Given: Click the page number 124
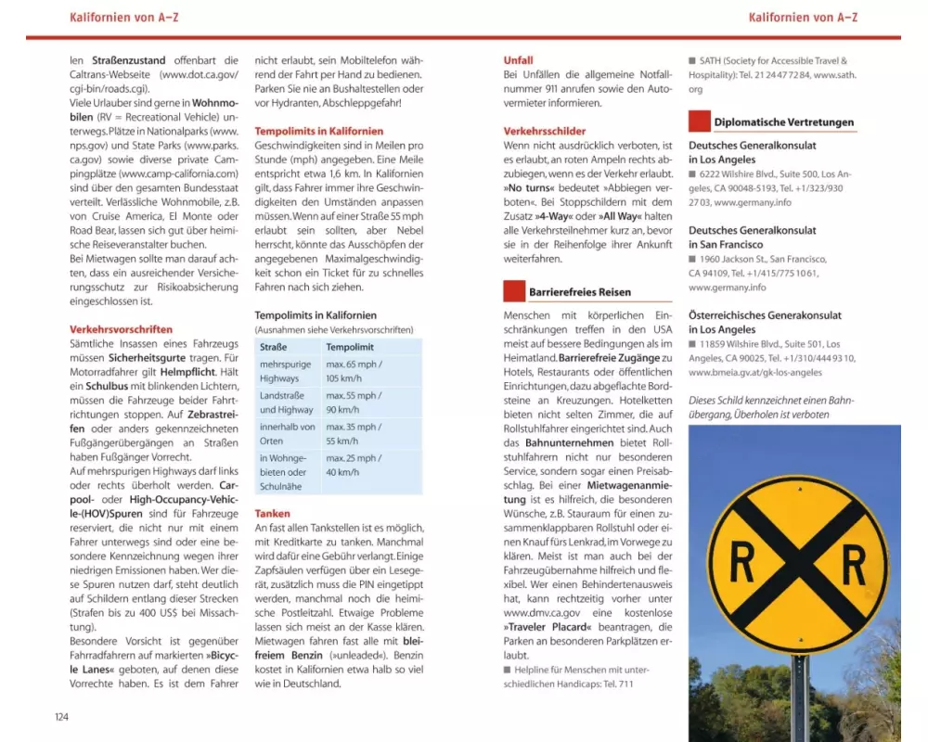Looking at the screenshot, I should (x=60, y=715).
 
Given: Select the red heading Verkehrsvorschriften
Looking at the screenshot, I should (x=121, y=329).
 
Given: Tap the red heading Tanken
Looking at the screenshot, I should (x=272, y=513).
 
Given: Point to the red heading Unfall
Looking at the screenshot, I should (x=518, y=60).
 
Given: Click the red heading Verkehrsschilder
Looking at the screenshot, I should (x=545, y=132).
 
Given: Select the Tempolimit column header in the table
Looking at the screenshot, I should (x=350, y=347).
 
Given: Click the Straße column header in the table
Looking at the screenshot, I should (x=274, y=347).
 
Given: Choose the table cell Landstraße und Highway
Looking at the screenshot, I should (x=287, y=403).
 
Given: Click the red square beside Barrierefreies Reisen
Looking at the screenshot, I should (x=514, y=291).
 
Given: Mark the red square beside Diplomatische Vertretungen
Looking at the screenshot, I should (x=699, y=122).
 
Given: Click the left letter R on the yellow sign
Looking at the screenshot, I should (x=742, y=563).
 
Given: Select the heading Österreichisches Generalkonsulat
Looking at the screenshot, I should (x=765, y=315).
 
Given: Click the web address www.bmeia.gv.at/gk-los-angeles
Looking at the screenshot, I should (x=755, y=372).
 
